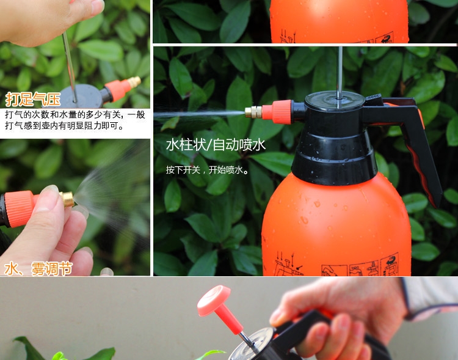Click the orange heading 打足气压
pos(33,99)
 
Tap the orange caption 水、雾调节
pos(38,269)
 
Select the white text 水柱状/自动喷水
pos(216,145)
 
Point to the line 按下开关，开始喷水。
pos(208,170)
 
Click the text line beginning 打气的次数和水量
pos(75,115)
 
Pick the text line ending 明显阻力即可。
pos(64,126)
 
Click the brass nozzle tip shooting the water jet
pos(253,112)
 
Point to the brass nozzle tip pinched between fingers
pos(68,199)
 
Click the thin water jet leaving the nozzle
pos(199,114)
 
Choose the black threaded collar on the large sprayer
pos(333,158)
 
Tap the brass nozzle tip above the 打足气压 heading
pos(135,82)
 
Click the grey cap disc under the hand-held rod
pos(81,97)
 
